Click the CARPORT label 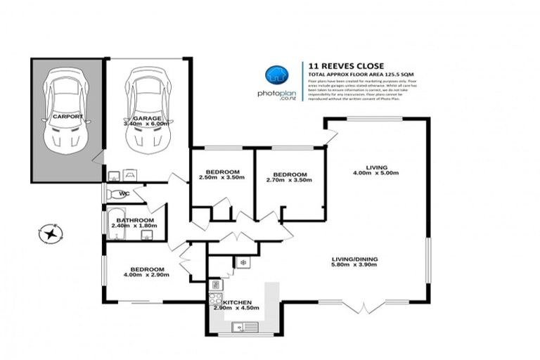67,116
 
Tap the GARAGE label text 148,117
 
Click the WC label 124,193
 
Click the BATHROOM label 135,220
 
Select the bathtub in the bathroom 116,229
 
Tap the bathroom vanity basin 146,235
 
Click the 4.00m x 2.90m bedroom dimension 147,275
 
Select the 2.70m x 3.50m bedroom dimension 290,180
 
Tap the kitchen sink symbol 243,326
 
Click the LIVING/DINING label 354,259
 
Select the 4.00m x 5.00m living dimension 375,173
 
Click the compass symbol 51,233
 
